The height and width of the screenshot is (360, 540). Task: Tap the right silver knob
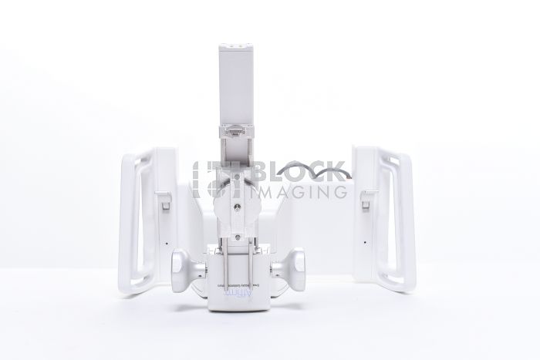292,271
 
